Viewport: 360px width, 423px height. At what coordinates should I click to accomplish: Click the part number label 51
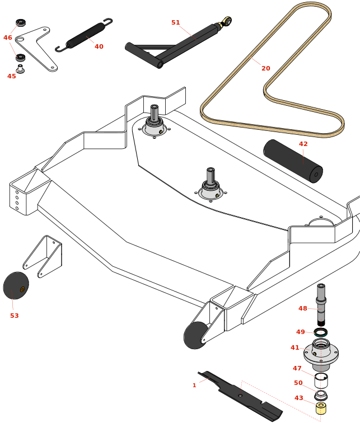[176, 23]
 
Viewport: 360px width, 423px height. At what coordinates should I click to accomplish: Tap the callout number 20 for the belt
[266, 68]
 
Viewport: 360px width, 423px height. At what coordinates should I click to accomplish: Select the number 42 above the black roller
[303, 144]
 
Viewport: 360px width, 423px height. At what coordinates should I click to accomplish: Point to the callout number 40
[99, 46]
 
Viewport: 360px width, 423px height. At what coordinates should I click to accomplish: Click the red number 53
[15, 316]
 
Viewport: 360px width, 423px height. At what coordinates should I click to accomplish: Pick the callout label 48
[303, 308]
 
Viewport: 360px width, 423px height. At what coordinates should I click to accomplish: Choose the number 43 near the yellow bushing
[299, 398]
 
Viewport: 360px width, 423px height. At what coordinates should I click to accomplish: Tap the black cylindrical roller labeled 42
[292, 161]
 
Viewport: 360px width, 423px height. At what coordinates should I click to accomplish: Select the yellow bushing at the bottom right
[321, 408]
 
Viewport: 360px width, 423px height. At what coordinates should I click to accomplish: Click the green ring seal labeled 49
[321, 332]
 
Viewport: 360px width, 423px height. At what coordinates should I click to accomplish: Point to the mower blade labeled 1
[241, 396]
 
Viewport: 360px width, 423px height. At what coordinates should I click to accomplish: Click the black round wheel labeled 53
[16, 285]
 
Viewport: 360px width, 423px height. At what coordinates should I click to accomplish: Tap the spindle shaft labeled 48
[321, 305]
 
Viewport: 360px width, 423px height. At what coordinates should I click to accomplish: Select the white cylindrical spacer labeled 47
[321, 380]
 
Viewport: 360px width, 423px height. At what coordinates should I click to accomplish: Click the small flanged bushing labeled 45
[20, 69]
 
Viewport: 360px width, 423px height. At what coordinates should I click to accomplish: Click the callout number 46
[8, 37]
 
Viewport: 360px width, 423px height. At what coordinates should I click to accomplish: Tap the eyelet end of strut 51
[227, 22]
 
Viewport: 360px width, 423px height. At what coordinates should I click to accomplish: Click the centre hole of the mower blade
[240, 396]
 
